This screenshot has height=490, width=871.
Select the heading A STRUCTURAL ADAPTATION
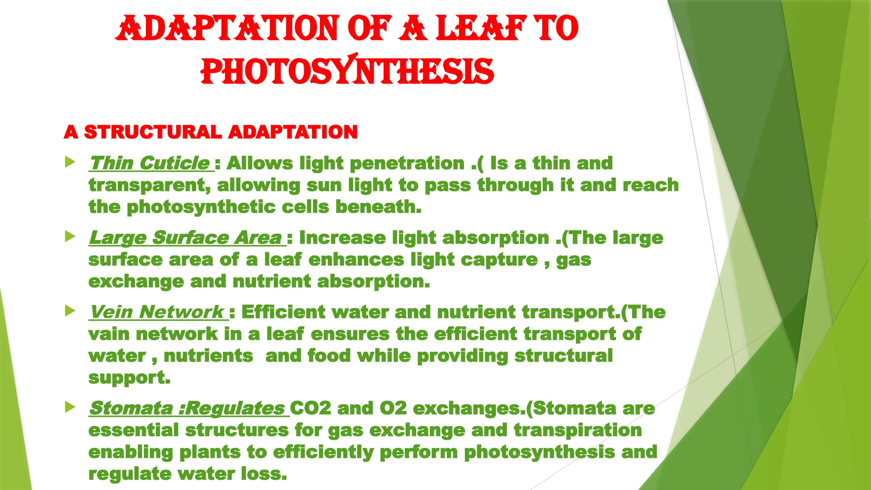coord(211,132)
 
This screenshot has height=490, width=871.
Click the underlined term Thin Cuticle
coord(150,163)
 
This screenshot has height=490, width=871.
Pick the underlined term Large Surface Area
coord(185,238)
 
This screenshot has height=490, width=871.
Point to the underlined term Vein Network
coord(157,312)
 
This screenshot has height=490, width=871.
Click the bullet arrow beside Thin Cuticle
coord(70,162)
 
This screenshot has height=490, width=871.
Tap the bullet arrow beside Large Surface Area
coord(70,236)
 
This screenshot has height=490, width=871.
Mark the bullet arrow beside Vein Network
coord(70,311)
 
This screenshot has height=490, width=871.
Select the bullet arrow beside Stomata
coord(70,407)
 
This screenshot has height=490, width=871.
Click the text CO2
coord(310,408)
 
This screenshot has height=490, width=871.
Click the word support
coord(129,378)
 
